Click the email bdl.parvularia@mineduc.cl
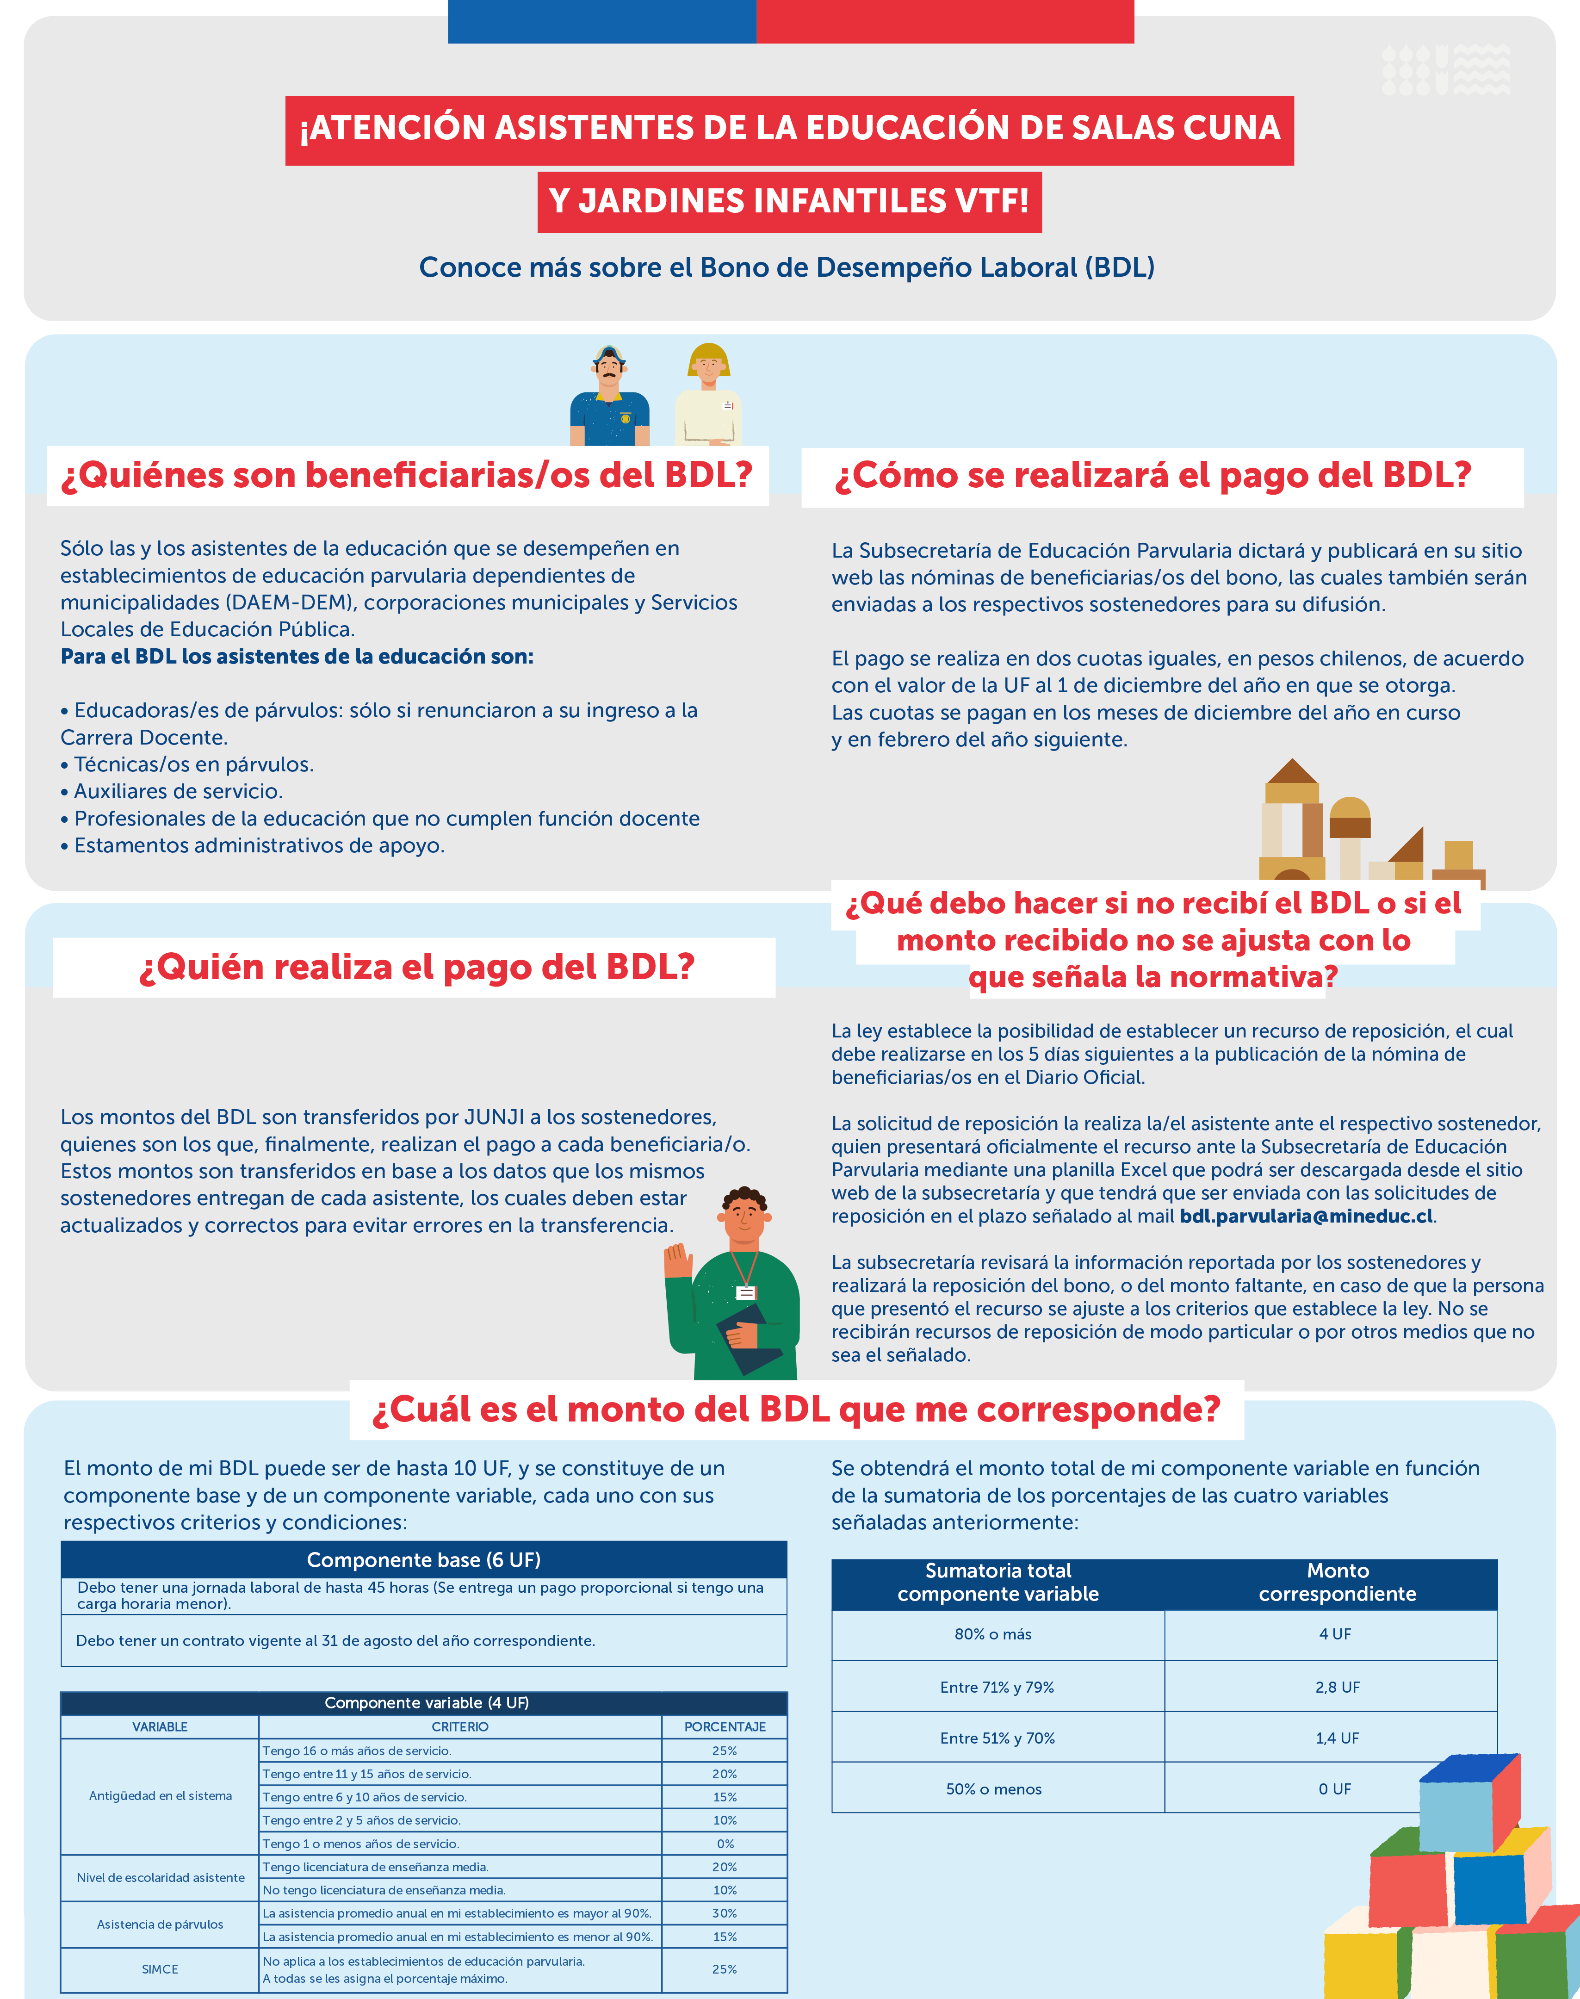coord(1306,1217)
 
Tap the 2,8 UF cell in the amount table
coord(1337,1687)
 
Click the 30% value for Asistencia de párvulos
coord(725,1913)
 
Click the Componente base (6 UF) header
coord(424,1559)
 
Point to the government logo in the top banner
coord(1446,70)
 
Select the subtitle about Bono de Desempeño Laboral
coord(787,267)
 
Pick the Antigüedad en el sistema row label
coord(160,1795)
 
